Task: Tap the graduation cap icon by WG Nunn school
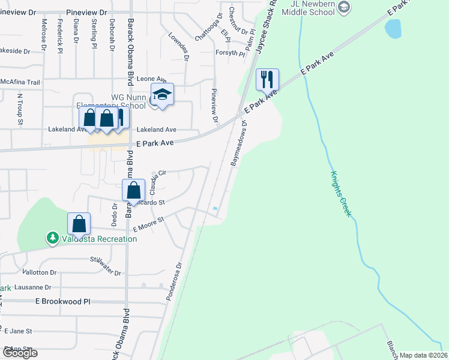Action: click(162, 94)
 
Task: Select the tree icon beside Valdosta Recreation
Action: click(53, 238)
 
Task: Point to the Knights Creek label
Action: click(340, 194)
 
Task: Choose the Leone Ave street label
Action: click(151, 79)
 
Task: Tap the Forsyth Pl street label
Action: click(231, 53)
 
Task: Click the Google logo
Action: click(19, 353)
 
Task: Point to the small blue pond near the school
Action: click(393, 28)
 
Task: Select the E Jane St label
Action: click(18, 331)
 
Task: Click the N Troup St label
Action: click(20, 109)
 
